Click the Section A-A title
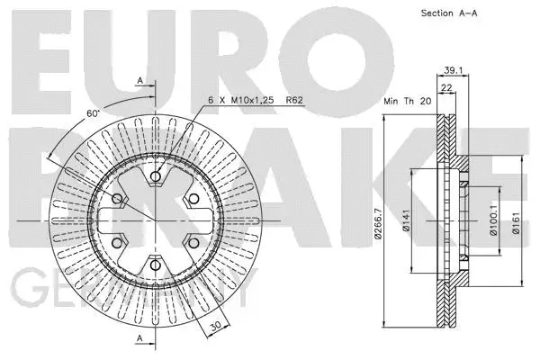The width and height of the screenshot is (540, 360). [x=447, y=13]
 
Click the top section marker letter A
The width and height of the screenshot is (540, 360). [x=139, y=80]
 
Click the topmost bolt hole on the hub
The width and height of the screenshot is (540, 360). [x=156, y=177]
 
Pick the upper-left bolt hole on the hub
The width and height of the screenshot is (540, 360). [x=118, y=199]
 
